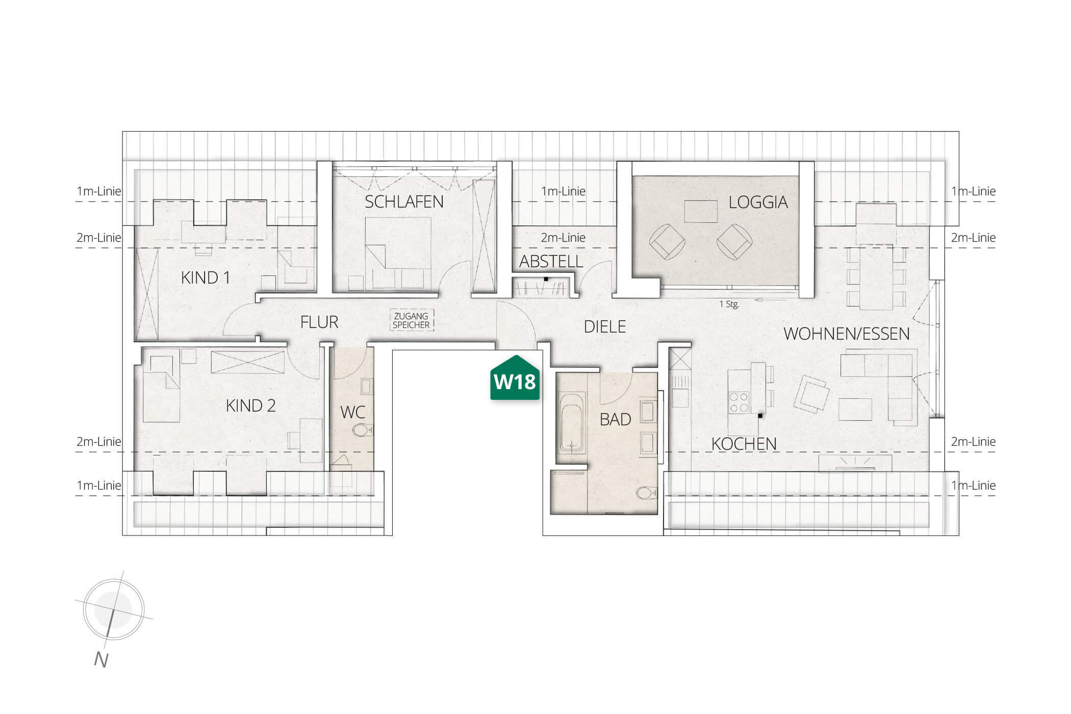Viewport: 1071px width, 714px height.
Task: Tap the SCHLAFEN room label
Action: pyautogui.click(x=404, y=202)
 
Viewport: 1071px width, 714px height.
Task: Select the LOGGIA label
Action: pyautogui.click(x=758, y=202)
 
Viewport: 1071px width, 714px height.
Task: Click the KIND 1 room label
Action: pyautogui.click(x=206, y=278)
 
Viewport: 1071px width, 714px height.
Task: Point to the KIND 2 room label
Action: pyautogui.click(x=251, y=406)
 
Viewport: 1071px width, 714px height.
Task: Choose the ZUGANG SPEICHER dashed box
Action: pyautogui.click(x=411, y=320)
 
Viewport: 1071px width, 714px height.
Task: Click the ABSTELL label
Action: pyautogui.click(x=551, y=262)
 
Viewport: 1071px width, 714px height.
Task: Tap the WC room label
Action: pyautogui.click(x=352, y=412)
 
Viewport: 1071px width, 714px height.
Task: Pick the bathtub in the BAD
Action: pyautogui.click(x=573, y=423)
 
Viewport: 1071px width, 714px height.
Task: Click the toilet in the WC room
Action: pyautogui.click(x=363, y=430)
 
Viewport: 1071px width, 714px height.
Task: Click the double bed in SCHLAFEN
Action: pyautogui.click(x=399, y=253)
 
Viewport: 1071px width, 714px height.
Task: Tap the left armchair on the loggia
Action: pyautogui.click(x=667, y=241)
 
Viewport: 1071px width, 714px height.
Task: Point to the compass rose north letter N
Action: pyautogui.click(x=101, y=660)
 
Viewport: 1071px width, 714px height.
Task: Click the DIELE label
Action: pyautogui.click(x=605, y=327)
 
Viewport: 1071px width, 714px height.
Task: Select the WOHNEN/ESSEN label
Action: pyautogui.click(x=847, y=334)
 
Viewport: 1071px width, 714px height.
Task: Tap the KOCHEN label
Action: pyautogui.click(x=744, y=444)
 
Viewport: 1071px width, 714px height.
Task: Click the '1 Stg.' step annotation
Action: pyautogui.click(x=729, y=304)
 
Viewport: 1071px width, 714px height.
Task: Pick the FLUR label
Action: pyautogui.click(x=319, y=322)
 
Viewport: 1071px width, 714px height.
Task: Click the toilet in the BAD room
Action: pyautogui.click(x=647, y=493)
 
